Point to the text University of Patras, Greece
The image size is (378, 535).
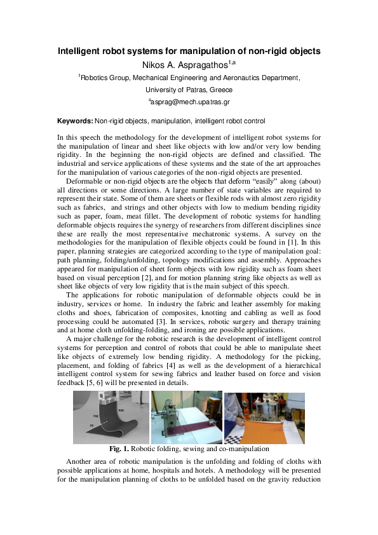click(x=189, y=90)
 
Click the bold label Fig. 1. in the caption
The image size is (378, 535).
click(x=119, y=449)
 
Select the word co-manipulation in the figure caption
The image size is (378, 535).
click(x=243, y=449)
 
